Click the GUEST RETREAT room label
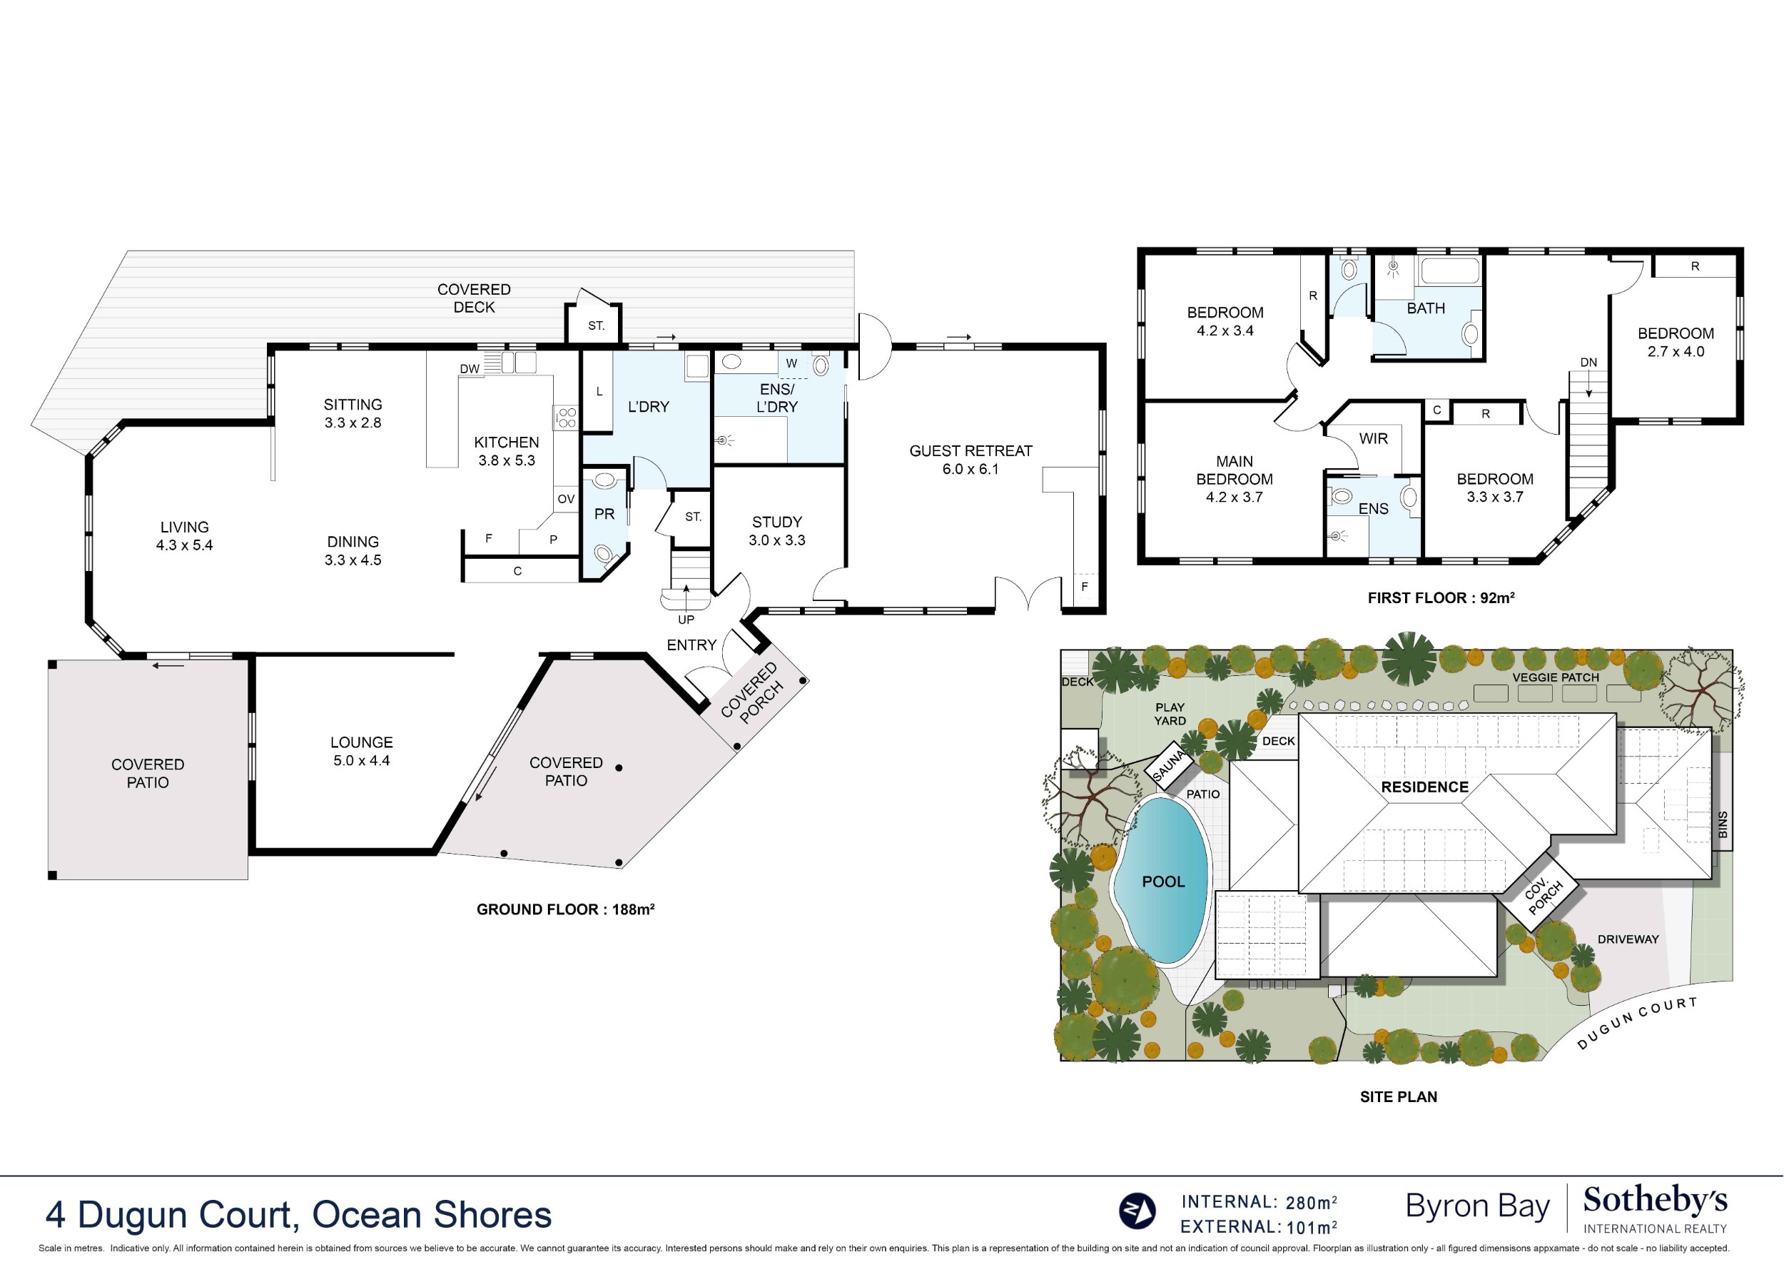[970, 460]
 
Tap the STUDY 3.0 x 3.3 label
[776, 531]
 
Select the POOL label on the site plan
[1162, 882]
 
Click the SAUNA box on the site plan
[1169, 766]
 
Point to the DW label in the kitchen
[470, 368]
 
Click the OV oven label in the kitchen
[566, 499]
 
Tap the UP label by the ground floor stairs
[685, 620]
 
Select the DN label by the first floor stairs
[1588, 362]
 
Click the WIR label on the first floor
[1373, 438]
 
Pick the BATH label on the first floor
[1426, 308]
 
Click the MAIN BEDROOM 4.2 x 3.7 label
[1234, 479]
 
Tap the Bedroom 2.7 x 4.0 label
[1676, 342]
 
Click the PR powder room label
[604, 514]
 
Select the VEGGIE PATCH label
[1555, 677]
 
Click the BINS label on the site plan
[1723, 824]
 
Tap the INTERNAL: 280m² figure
[1259, 1202]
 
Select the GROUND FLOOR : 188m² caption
[565, 909]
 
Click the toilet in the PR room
[604, 555]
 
